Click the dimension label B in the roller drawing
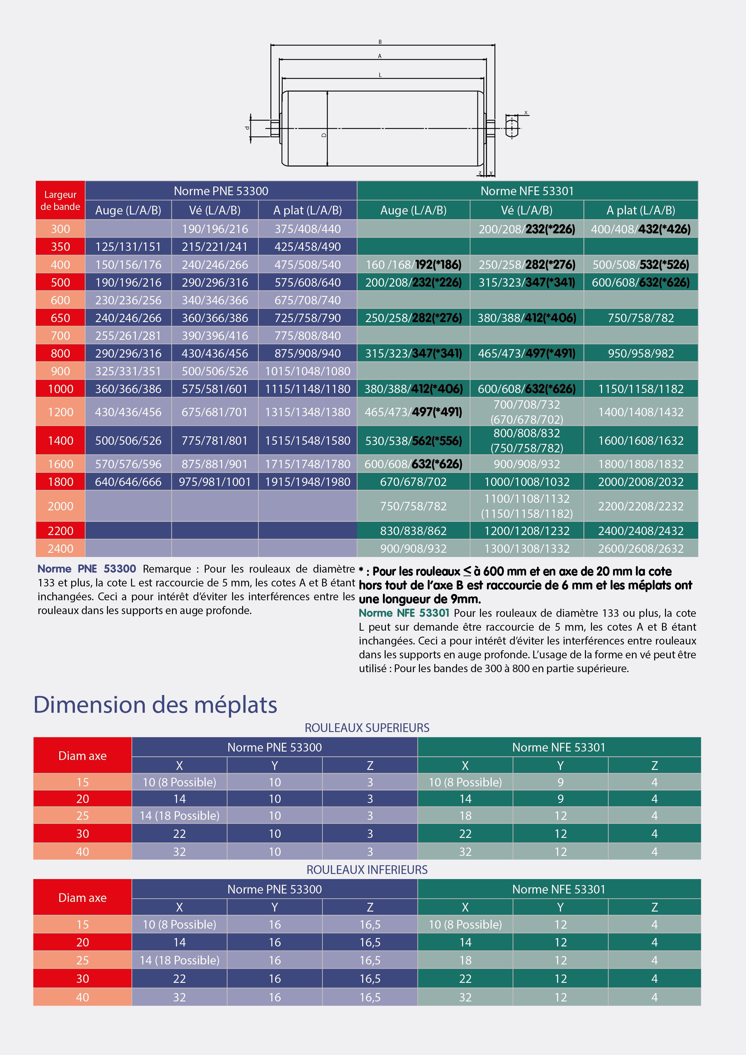380,42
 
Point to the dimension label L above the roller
380,75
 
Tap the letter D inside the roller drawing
324,135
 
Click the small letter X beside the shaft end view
526,112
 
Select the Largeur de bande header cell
60,200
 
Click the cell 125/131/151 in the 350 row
128,247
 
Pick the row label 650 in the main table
60,318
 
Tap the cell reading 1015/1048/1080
307,371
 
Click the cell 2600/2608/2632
641,549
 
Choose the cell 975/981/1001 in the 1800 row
215,482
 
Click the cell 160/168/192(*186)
413,265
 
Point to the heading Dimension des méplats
155,704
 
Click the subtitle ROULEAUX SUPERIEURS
367,728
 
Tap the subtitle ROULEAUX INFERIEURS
367,870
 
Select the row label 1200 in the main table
60,412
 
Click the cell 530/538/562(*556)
413,441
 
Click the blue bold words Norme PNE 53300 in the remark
87,569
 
